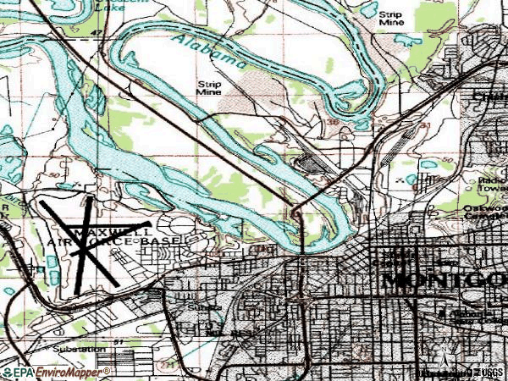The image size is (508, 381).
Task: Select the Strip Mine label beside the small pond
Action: tap(390, 19)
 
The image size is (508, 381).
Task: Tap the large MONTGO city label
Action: tap(444, 279)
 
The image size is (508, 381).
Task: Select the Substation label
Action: tap(80, 349)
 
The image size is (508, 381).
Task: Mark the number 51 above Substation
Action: tap(119, 341)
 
